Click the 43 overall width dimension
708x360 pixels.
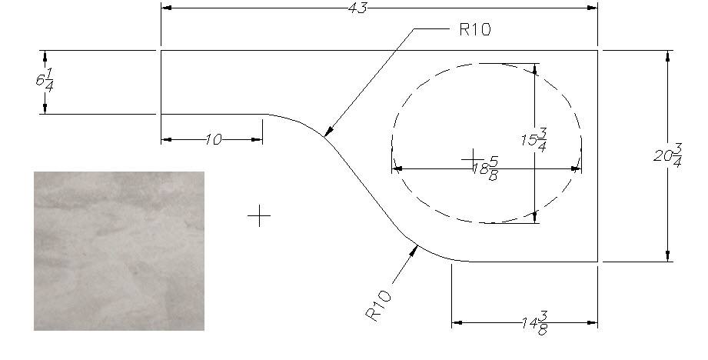point(358,8)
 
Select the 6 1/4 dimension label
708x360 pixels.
point(45,82)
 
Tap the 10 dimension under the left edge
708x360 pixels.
point(214,139)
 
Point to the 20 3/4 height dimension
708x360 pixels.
point(667,156)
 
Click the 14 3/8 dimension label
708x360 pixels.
point(536,324)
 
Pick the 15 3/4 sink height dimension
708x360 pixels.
point(534,139)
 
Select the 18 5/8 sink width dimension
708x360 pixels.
point(486,169)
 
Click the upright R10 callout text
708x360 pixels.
point(475,29)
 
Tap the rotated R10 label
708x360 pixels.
point(378,306)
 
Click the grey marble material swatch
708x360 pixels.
point(119,251)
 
